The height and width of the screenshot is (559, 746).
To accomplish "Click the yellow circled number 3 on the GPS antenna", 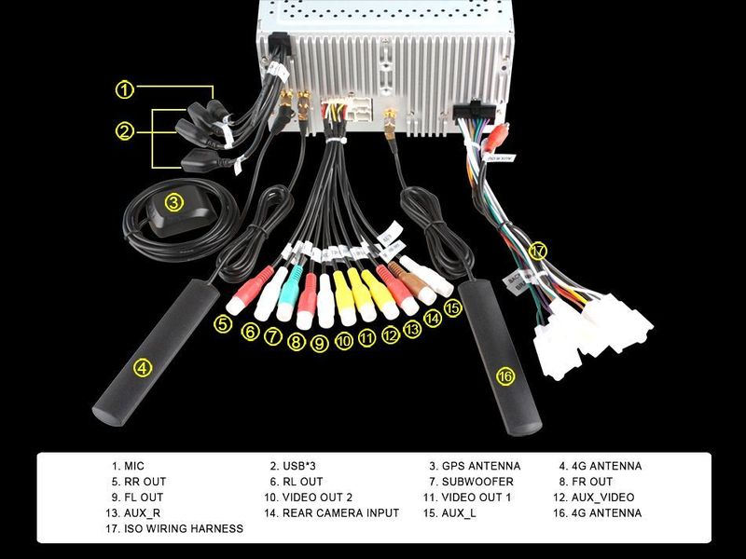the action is tap(174, 203).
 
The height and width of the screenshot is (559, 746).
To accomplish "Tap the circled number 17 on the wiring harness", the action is tap(537, 251).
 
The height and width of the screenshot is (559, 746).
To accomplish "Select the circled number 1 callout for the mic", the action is tap(125, 89).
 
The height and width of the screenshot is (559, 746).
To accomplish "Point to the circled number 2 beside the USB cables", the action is tap(125, 131).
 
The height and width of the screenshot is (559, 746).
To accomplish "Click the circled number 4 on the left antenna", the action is tap(143, 367).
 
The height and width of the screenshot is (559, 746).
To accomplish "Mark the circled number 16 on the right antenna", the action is tap(505, 376).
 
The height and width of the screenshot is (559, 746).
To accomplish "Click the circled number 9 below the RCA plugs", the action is tap(320, 343).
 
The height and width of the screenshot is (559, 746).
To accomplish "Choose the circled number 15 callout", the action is tap(452, 307).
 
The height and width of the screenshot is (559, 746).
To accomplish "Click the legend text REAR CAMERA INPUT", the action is tap(340, 513).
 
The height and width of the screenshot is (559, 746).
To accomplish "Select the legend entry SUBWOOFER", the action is tap(477, 482).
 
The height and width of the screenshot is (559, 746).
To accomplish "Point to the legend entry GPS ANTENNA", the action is tap(481, 466).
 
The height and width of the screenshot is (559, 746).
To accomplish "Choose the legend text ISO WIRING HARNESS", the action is tap(184, 528).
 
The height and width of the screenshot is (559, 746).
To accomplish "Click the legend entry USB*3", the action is tap(298, 466).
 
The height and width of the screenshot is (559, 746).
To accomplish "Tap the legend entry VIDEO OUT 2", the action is tap(317, 498).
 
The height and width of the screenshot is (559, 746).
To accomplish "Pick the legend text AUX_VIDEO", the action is tap(602, 498).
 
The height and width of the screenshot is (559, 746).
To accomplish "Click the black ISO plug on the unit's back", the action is tap(474, 110).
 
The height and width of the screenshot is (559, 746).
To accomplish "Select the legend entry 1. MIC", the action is tap(128, 466).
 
